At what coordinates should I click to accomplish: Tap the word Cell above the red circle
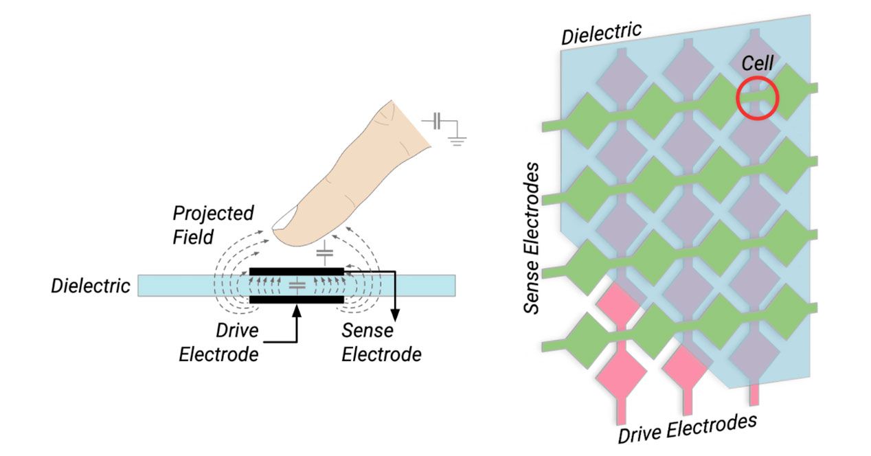pyautogui.click(x=758, y=63)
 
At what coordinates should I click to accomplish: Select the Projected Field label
pyautogui.click(x=213, y=225)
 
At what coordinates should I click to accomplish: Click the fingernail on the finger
pyautogui.click(x=284, y=218)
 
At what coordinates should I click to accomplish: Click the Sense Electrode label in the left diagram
pyautogui.click(x=381, y=343)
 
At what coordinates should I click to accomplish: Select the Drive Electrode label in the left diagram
pyautogui.click(x=219, y=343)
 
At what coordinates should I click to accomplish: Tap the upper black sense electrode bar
pyautogui.click(x=297, y=271)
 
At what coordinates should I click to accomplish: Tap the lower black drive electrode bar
pyautogui.click(x=297, y=299)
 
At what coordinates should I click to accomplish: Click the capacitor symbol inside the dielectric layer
pyautogui.click(x=297, y=286)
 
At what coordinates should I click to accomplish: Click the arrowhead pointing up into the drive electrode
pyautogui.click(x=297, y=310)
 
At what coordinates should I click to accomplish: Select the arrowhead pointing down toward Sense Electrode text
pyautogui.click(x=395, y=315)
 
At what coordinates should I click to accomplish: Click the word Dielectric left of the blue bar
pyautogui.click(x=91, y=286)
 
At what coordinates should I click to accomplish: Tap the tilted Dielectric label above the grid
pyautogui.click(x=601, y=34)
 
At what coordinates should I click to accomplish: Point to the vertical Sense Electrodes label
pyautogui.click(x=532, y=238)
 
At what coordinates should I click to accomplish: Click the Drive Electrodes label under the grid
pyautogui.click(x=688, y=429)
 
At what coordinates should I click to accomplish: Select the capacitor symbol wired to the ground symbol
pyautogui.click(x=437, y=121)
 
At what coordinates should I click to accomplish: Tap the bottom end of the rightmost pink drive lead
pyautogui.click(x=754, y=404)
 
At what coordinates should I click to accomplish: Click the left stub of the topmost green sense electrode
pyautogui.click(x=552, y=126)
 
